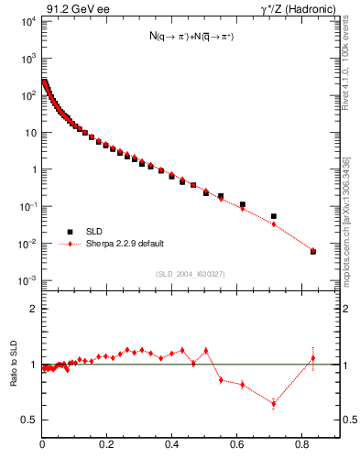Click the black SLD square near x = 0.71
pyautogui.click(x=274, y=216)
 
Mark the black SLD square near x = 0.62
pyautogui.click(x=243, y=204)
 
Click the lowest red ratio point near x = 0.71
pyautogui.click(x=274, y=403)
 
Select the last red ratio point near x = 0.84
pyautogui.click(x=313, y=357)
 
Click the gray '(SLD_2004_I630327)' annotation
pyautogui.click(x=190, y=273)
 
